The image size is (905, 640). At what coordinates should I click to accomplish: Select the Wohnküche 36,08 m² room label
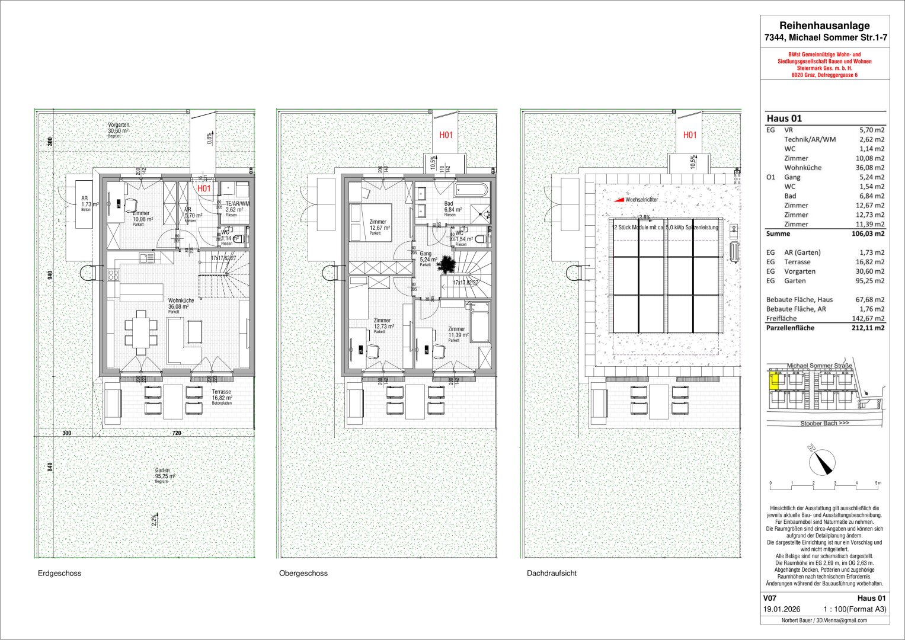(x=178, y=303)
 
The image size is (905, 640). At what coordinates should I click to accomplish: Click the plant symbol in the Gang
(x=448, y=265)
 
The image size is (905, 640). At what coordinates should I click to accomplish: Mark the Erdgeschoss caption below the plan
(x=59, y=574)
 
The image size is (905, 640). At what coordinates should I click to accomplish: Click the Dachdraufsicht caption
(x=551, y=574)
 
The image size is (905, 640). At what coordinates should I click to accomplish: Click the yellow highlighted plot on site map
(x=773, y=381)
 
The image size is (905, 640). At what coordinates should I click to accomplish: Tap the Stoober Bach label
(x=824, y=424)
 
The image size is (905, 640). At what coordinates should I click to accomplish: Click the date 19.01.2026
(x=782, y=609)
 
